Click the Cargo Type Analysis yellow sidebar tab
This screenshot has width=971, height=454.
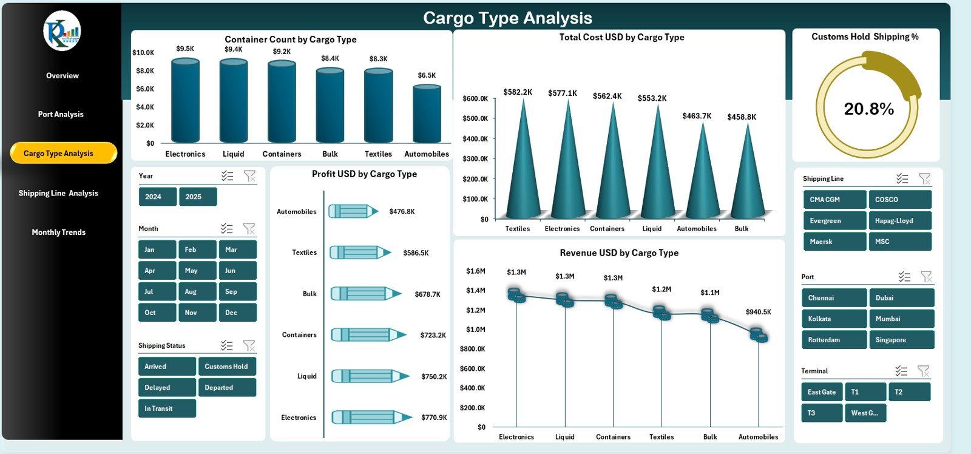click(63, 153)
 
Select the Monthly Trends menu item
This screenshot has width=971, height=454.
click(59, 232)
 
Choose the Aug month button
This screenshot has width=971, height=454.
click(197, 291)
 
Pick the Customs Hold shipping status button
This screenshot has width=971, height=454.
click(226, 367)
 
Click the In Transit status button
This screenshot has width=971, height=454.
click(167, 408)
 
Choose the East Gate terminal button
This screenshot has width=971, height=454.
click(822, 392)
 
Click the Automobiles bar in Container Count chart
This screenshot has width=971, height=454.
click(427, 115)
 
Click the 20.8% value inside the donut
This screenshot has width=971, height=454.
click(868, 109)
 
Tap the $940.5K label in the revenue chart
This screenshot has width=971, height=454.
click(758, 312)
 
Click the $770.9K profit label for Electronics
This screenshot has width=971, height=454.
click(434, 418)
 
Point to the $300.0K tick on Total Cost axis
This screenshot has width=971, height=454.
click(475, 159)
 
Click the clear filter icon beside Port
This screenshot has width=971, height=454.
click(926, 277)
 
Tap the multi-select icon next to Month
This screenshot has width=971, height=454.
click(227, 229)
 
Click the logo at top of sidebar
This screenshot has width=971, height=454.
click(62, 31)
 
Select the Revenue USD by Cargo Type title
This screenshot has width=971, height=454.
click(619, 253)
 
